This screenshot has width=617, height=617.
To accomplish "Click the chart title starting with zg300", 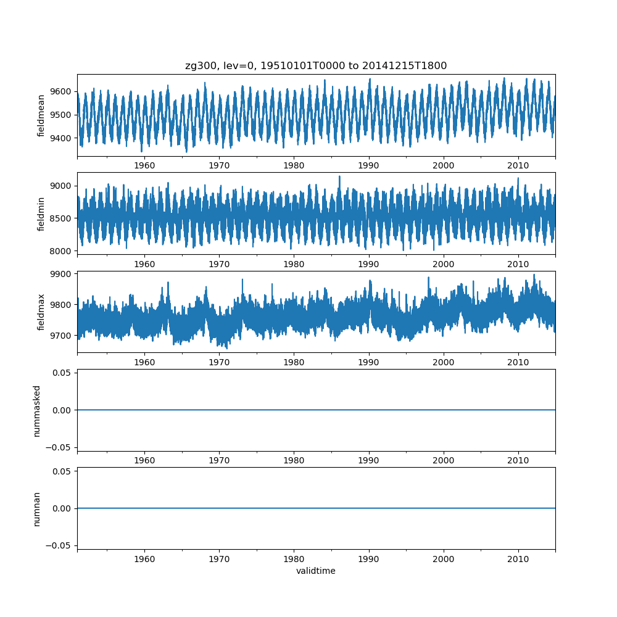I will click(x=316, y=65).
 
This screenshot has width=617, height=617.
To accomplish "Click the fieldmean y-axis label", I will click(x=41, y=115).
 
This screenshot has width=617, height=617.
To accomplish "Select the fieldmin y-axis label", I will click(x=41, y=213).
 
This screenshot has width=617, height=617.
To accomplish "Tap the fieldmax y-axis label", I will click(x=41, y=312).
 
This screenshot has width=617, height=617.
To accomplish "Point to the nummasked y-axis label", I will click(x=37, y=410).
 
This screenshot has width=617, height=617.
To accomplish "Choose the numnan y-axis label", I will click(x=37, y=508).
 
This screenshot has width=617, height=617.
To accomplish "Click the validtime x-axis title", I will click(x=316, y=571).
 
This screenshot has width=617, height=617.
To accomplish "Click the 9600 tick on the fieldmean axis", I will click(x=60, y=91).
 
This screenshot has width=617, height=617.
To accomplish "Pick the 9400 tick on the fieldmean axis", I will click(x=60, y=138).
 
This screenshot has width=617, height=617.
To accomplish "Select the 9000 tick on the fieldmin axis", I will click(x=60, y=186).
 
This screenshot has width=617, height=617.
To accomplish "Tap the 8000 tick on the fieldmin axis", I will click(x=60, y=250).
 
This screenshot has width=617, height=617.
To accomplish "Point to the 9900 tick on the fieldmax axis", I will click(x=60, y=273).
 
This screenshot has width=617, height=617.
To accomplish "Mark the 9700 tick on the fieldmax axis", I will click(x=60, y=336).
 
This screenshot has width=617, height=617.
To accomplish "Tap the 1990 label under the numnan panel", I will click(x=369, y=558).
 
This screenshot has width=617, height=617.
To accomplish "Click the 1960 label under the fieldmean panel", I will click(x=144, y=165).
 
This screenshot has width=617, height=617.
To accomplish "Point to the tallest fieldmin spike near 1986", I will click(x=339, y=176).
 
